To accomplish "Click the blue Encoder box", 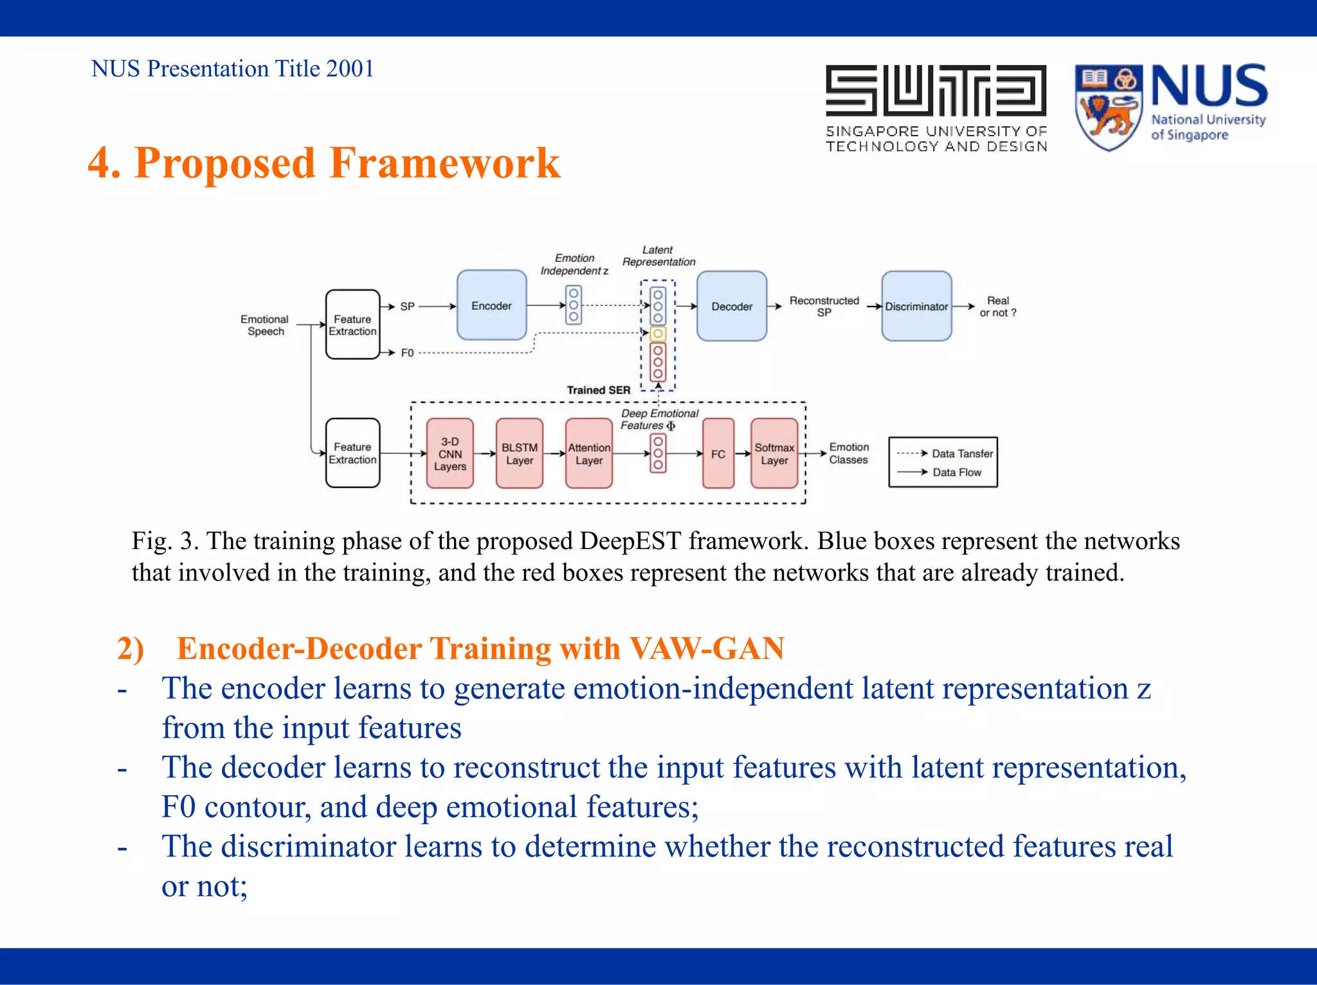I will [491, 305].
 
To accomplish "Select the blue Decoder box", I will [731, 306].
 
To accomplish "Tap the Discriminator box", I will [916, 306].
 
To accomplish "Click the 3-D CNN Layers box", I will [450, 453].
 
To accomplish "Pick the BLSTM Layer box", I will [519, 453].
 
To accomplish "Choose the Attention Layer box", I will [588, 453].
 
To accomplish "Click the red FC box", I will [718, 453].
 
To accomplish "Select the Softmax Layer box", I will [774, 453].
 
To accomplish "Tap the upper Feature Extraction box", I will [352, 325].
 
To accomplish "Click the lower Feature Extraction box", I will [352, 453].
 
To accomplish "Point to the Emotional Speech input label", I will [265, 325].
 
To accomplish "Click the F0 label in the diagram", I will [407, 352].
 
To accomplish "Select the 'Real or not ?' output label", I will [997, 306].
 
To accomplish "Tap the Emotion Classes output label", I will [848, 453].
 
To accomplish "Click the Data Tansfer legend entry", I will [961, 453].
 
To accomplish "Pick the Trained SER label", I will [598, 390].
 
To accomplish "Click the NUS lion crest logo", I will [1108, 107].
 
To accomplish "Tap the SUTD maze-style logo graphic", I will [936, 90].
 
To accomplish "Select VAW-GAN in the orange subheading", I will [706, 648].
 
